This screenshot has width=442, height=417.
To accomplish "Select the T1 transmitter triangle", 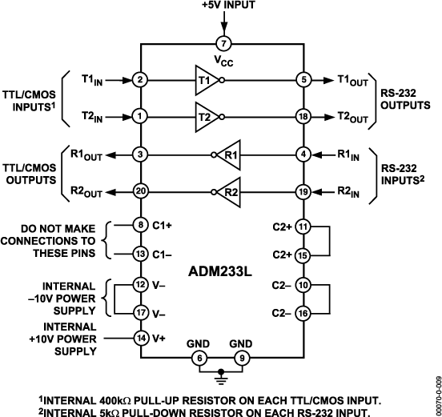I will pos(204,79).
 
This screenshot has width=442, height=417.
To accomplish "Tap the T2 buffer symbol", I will pos(204,116).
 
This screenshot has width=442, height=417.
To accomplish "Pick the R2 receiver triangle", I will pos(229,192).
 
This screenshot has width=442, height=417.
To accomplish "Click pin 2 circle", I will pos(141,79).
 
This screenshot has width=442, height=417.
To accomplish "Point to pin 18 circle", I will pos(303,116).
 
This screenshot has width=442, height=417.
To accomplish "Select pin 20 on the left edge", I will pos(141,192).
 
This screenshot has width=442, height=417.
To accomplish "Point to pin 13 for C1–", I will pos(141,254).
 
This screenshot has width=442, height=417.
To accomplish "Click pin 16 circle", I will pos(303,312).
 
